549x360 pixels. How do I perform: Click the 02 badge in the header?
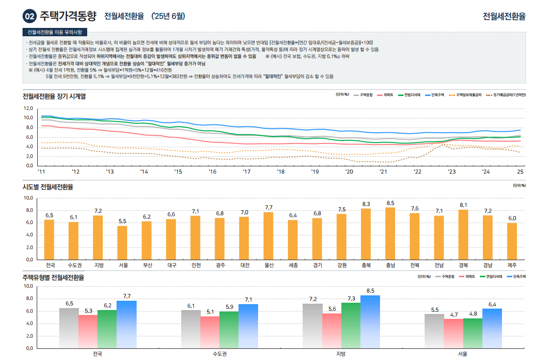pos(29,16)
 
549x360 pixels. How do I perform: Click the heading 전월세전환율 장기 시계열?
pos(54,96)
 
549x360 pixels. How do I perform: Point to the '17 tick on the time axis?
pos(246,172)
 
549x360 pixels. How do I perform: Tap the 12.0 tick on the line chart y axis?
pos(28,108)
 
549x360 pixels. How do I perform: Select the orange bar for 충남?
pos(390,233)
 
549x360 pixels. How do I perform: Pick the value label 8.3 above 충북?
pos(366,204)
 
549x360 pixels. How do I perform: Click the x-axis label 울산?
pos(268,265)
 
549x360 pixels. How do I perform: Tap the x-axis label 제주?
pos(512,265)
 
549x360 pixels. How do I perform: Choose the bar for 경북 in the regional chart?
pos(463,235)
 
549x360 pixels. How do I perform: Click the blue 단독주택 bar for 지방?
pos(370,321)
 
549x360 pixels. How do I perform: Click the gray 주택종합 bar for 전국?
pos(69,328)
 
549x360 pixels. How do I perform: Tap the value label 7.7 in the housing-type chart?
pos(126,296)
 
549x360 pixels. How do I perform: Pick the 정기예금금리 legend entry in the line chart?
pos(506,95)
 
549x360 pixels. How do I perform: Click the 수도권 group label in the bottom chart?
pos(219,354)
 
